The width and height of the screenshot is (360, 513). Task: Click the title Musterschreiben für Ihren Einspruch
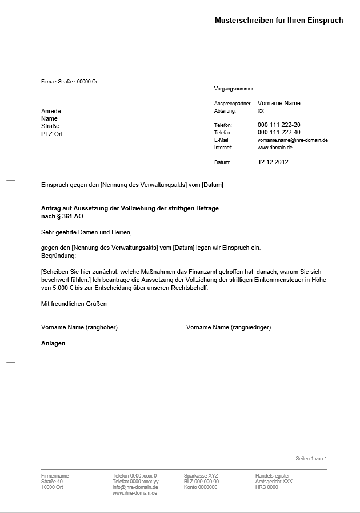coord(279,21)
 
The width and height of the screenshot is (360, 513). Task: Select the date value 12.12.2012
coord(273,162)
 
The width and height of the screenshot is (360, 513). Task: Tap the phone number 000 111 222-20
coord(279,125)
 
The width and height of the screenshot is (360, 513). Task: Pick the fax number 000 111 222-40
coord(279,132)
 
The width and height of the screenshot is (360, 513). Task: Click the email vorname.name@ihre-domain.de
coord(293,140)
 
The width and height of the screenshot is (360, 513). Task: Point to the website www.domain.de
coord(275,148)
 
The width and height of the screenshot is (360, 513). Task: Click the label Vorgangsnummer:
coord(234,89)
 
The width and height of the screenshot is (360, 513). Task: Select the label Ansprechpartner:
coord(233,104)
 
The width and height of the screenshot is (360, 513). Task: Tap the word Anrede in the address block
coord(51,111)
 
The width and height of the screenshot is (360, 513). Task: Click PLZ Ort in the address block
coord(52,134)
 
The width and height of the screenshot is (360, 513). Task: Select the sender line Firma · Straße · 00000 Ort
coord(70,82)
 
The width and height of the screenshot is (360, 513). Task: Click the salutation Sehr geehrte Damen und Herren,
coord(86,233)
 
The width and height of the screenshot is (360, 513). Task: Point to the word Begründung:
coord(58,255)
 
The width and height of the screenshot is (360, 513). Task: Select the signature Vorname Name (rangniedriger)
coord(229,328)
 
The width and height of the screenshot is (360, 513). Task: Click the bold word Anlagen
coord(53,344)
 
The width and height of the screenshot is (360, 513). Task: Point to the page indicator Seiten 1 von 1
coord(311,459)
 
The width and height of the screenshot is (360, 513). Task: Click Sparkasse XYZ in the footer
coord(201,476)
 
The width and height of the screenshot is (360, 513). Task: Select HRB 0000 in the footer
coord(267,487)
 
